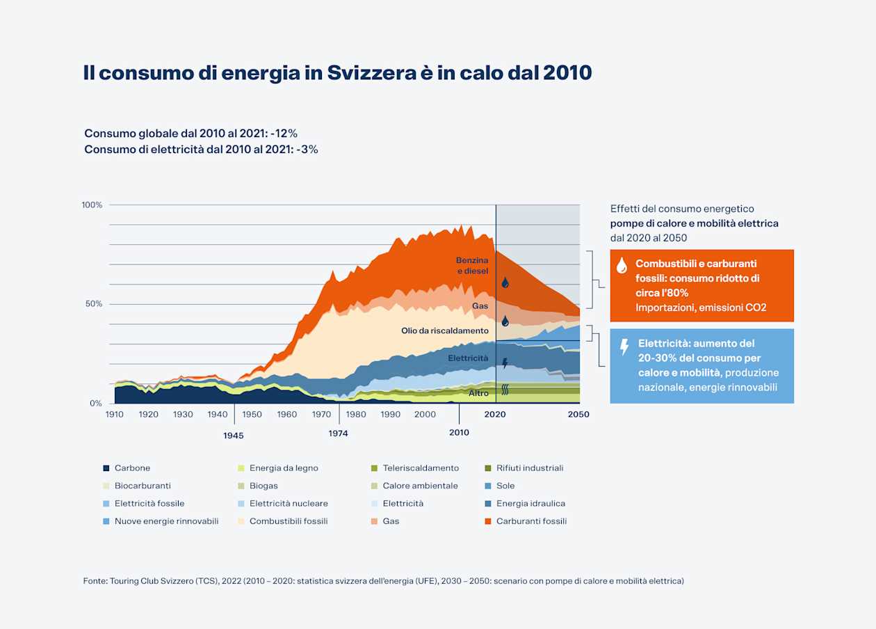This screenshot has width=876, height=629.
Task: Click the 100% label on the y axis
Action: (x=92, y=205)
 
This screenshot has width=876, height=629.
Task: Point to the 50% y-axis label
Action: (x=94, y=304)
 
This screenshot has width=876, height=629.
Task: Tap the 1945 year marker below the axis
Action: (x=234, y=436)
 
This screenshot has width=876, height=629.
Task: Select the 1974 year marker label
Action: (x=339, y=433)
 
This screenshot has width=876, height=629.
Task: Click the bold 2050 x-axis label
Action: (x=578, y=415)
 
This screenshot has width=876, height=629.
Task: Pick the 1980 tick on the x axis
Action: (x=356, y=415)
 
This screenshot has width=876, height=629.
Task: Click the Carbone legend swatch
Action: (x=106, y=468)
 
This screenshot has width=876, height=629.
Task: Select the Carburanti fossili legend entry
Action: (x=531, y=521)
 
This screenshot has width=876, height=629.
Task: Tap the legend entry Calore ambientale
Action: (x=420, y=486)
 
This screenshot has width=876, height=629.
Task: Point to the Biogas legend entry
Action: (x=263, y=486)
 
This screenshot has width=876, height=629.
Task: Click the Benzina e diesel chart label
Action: (x=472, y=265)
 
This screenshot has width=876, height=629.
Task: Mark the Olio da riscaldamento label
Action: (x=445, y=331)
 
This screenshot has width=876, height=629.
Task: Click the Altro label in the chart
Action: (x=478, y=393)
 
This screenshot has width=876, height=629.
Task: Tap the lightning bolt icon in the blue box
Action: (x=624, y=347)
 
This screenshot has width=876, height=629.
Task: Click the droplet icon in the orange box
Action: (x=622, y=265)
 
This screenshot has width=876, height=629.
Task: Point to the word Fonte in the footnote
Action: (x=94, y=580)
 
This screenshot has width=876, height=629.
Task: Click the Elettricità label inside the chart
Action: (x=468, y=358)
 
